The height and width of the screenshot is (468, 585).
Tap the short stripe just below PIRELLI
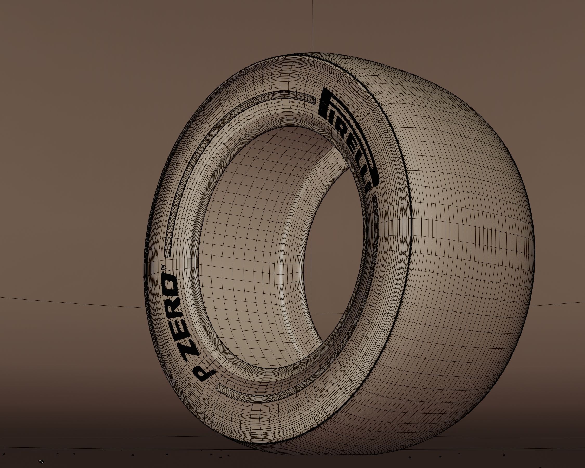coord(376,214)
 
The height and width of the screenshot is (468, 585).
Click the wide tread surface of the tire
coord(461,244)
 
